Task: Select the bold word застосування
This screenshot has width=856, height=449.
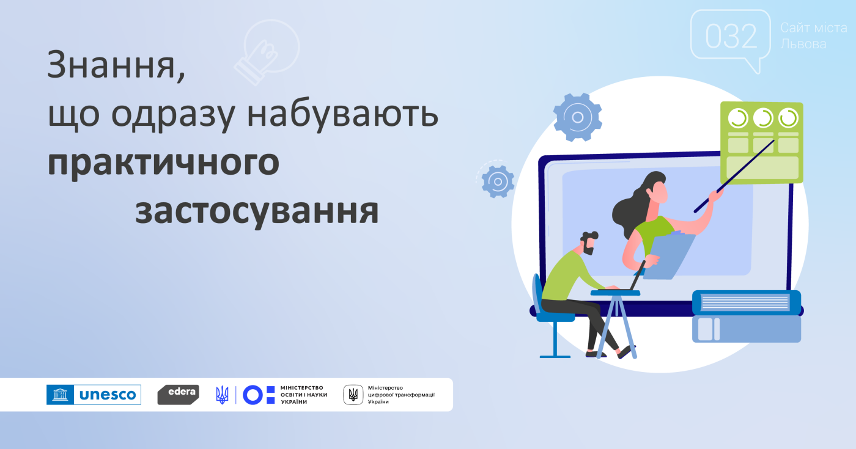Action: (257, 212)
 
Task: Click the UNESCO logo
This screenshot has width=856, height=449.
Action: (94, 395)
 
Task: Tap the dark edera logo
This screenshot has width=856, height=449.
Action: (178, 395)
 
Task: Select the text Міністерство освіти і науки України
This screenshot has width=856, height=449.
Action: (304, 395)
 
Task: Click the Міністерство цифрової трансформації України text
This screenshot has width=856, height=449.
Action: (401, 395)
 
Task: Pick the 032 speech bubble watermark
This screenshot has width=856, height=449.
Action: (731, 37)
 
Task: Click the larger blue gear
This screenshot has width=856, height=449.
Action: (577, 117)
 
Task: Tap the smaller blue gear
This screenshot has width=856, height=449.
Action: (498, 182)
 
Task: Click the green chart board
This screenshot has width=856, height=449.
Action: (762, 142)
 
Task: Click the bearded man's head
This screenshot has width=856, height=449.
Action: (588, 243)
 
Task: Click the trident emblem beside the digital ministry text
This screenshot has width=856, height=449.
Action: (353, 395)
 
